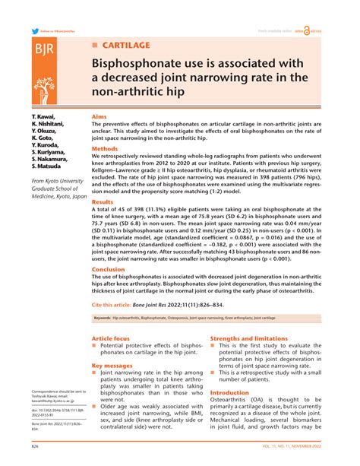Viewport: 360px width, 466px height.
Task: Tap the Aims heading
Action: coord(99,118)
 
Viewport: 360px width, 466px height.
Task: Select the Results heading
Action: coord(103,203)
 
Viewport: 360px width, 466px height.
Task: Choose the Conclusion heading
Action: coord(109,270)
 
